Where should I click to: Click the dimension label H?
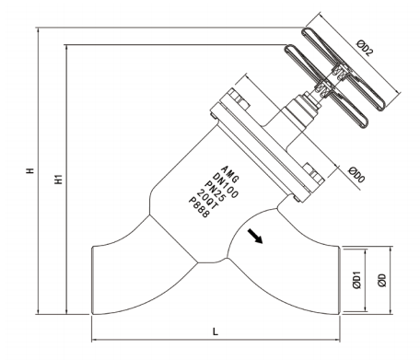[x=29, y=170]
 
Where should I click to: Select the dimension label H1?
[x=58, y=179]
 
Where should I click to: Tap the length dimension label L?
[x=216, y=331]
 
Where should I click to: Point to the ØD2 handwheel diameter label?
[x=365, y=48]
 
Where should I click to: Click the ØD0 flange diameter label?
[x=356, y=175]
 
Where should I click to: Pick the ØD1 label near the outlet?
[x=356, y=280]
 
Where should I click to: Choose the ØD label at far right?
[x=382, y=280]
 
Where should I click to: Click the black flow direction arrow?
[x=255, y=236]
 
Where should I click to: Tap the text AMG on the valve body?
[x=230, y=174]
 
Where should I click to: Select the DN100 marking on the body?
[x=226, y=186]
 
